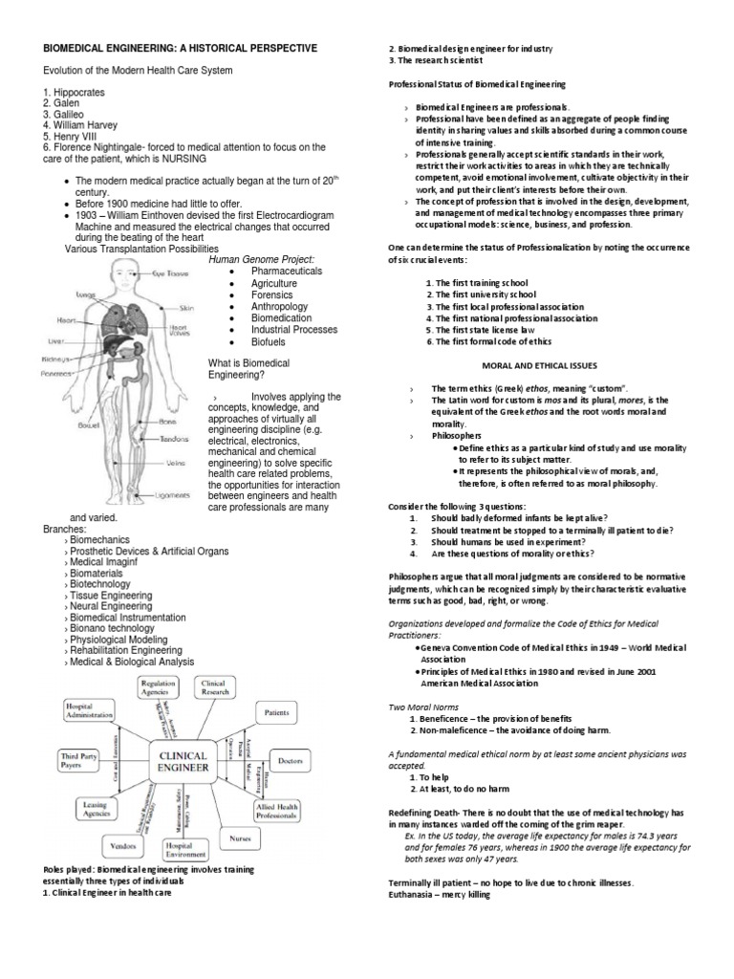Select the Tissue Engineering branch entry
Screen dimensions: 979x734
click(x=110, y=595)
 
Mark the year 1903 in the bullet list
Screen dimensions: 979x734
click(x=90, y=215)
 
